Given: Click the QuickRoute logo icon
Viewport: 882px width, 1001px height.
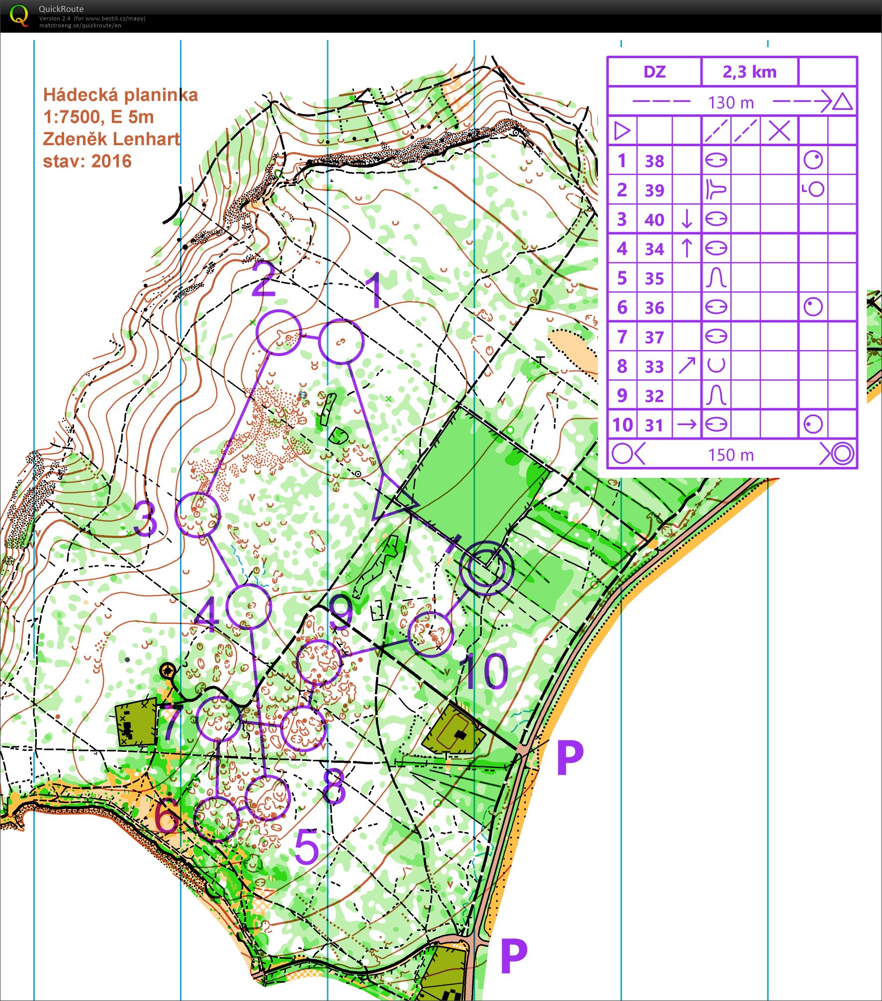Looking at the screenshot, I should click(19, 15).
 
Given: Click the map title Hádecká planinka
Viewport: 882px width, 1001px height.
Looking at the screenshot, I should click(120, 94).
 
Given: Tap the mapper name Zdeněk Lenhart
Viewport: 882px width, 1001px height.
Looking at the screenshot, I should click(111, 139).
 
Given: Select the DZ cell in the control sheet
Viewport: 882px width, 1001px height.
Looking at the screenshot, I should click(654, 72).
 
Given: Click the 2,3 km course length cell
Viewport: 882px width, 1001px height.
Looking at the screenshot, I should click(749, 72).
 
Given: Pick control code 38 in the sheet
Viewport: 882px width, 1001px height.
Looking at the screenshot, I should click(654, 161).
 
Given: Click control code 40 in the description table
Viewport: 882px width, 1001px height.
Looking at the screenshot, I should click(654, 219).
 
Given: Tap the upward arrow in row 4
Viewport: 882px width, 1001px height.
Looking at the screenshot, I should click(687, 248).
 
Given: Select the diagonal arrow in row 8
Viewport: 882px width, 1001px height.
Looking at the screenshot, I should click(687, 365).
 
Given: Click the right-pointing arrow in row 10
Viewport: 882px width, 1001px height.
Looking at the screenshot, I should click(687, 424).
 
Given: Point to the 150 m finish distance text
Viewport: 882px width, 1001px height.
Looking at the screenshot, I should click(731, 455).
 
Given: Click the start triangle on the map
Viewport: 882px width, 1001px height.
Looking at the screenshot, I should click(391, 500).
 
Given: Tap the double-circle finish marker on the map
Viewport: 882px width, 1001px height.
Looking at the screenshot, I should click(486, 568).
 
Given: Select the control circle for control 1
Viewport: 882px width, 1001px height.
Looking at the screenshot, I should click(341, 342).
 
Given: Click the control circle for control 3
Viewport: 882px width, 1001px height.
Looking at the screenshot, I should click(197, 514).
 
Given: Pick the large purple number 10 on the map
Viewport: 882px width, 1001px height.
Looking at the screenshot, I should click(484, 671).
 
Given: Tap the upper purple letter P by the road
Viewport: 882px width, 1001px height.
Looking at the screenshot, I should click(569, 757).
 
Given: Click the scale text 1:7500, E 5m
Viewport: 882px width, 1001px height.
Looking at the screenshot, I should click(98, 117).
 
